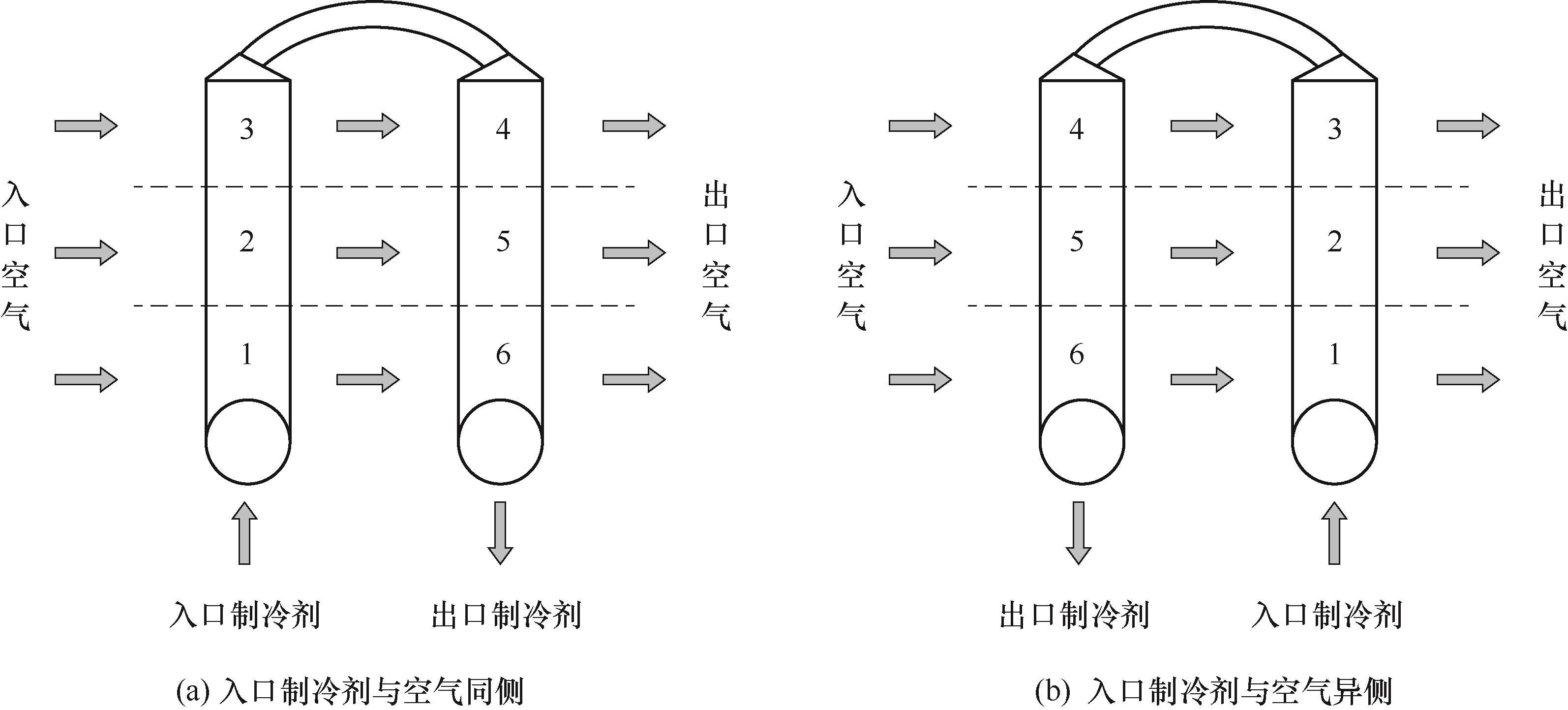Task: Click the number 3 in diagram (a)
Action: (246, 129)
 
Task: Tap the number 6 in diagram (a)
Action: (503, 354)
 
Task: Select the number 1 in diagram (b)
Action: (1334, 354)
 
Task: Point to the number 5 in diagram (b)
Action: (1077, 242)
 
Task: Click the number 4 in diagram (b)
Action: (1077, 129)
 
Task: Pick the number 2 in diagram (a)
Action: (246, 242)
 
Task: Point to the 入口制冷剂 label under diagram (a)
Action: (245, 615)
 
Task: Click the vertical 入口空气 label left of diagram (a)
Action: (16, 254)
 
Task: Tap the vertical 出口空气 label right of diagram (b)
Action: (1552, 254)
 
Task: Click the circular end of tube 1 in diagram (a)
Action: (248, 442)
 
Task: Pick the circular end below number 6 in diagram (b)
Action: (1082, 442)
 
